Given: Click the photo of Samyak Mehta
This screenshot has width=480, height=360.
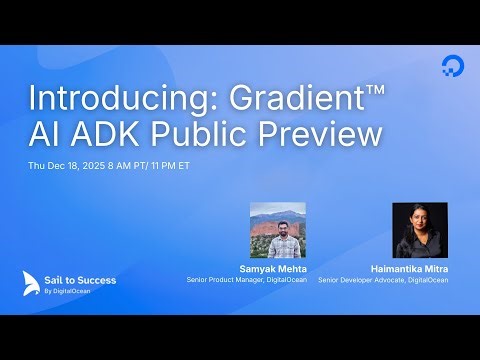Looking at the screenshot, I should [x=275, y=231].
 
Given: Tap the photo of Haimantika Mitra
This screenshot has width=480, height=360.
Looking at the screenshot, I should [x=420, y=231].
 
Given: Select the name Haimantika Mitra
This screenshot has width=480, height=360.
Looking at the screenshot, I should [x=409, y=269].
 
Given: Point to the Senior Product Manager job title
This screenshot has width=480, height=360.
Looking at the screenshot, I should [x=245, y=280].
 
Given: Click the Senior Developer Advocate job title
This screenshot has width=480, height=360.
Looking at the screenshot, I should [x=383, y=280].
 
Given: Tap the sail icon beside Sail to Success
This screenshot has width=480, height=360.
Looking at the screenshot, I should [x=33, y=282].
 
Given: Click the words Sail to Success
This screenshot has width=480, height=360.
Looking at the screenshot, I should [x=83, y=279].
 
